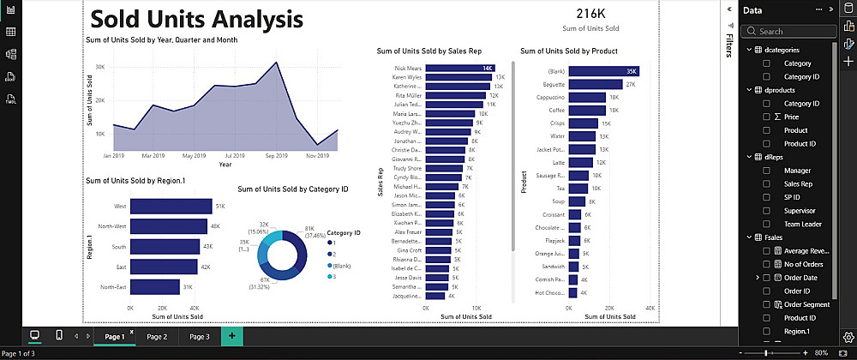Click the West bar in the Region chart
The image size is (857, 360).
click(171, 206)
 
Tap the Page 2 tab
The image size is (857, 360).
click(157, 337)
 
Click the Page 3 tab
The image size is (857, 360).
click(199, 337)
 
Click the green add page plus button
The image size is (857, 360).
click(231, 337)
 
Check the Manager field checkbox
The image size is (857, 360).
click(767, 171)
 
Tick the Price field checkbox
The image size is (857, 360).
click(767, 117)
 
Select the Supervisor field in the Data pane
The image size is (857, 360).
click(799, 210)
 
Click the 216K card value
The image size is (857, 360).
click(590, 14)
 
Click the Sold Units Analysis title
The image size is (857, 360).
click(196, 20)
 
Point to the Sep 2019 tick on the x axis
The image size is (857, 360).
click(276, 156)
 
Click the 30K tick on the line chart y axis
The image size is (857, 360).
click(99, 66)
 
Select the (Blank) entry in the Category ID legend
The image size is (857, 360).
click(341, 265)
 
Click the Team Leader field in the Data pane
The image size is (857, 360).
click(802, 224)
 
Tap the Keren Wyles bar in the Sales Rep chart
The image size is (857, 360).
click(458, 77)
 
